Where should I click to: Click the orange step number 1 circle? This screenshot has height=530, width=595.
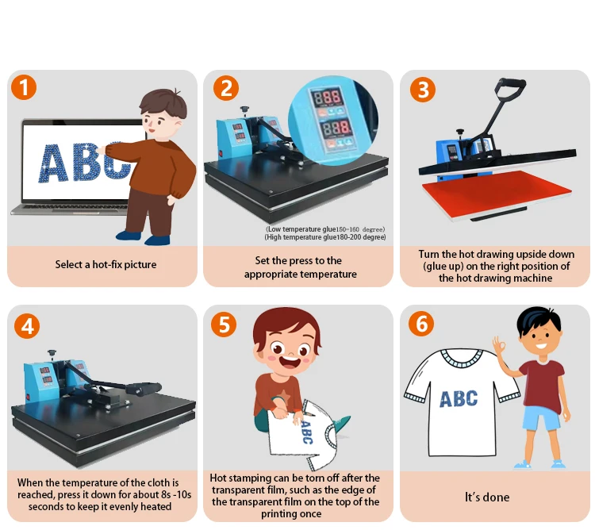24,87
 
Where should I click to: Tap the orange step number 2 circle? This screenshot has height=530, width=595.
226,87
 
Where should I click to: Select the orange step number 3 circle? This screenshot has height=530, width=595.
423,90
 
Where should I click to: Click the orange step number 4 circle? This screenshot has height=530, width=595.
27,326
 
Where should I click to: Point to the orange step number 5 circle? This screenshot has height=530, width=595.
224,324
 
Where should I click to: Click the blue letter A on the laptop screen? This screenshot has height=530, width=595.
53,163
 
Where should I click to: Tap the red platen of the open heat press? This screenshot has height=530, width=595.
497,193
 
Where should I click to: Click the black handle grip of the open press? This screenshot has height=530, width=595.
510,86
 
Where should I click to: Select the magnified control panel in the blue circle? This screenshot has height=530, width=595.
333,121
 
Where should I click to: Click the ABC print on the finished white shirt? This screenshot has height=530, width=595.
459,399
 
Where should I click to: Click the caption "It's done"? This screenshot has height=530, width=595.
487,497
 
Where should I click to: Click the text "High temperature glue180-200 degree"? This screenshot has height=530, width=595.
325,237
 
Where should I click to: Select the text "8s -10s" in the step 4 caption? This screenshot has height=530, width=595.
176,495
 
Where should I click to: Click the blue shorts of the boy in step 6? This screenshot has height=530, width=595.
542,417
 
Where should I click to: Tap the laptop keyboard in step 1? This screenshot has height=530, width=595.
72,206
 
